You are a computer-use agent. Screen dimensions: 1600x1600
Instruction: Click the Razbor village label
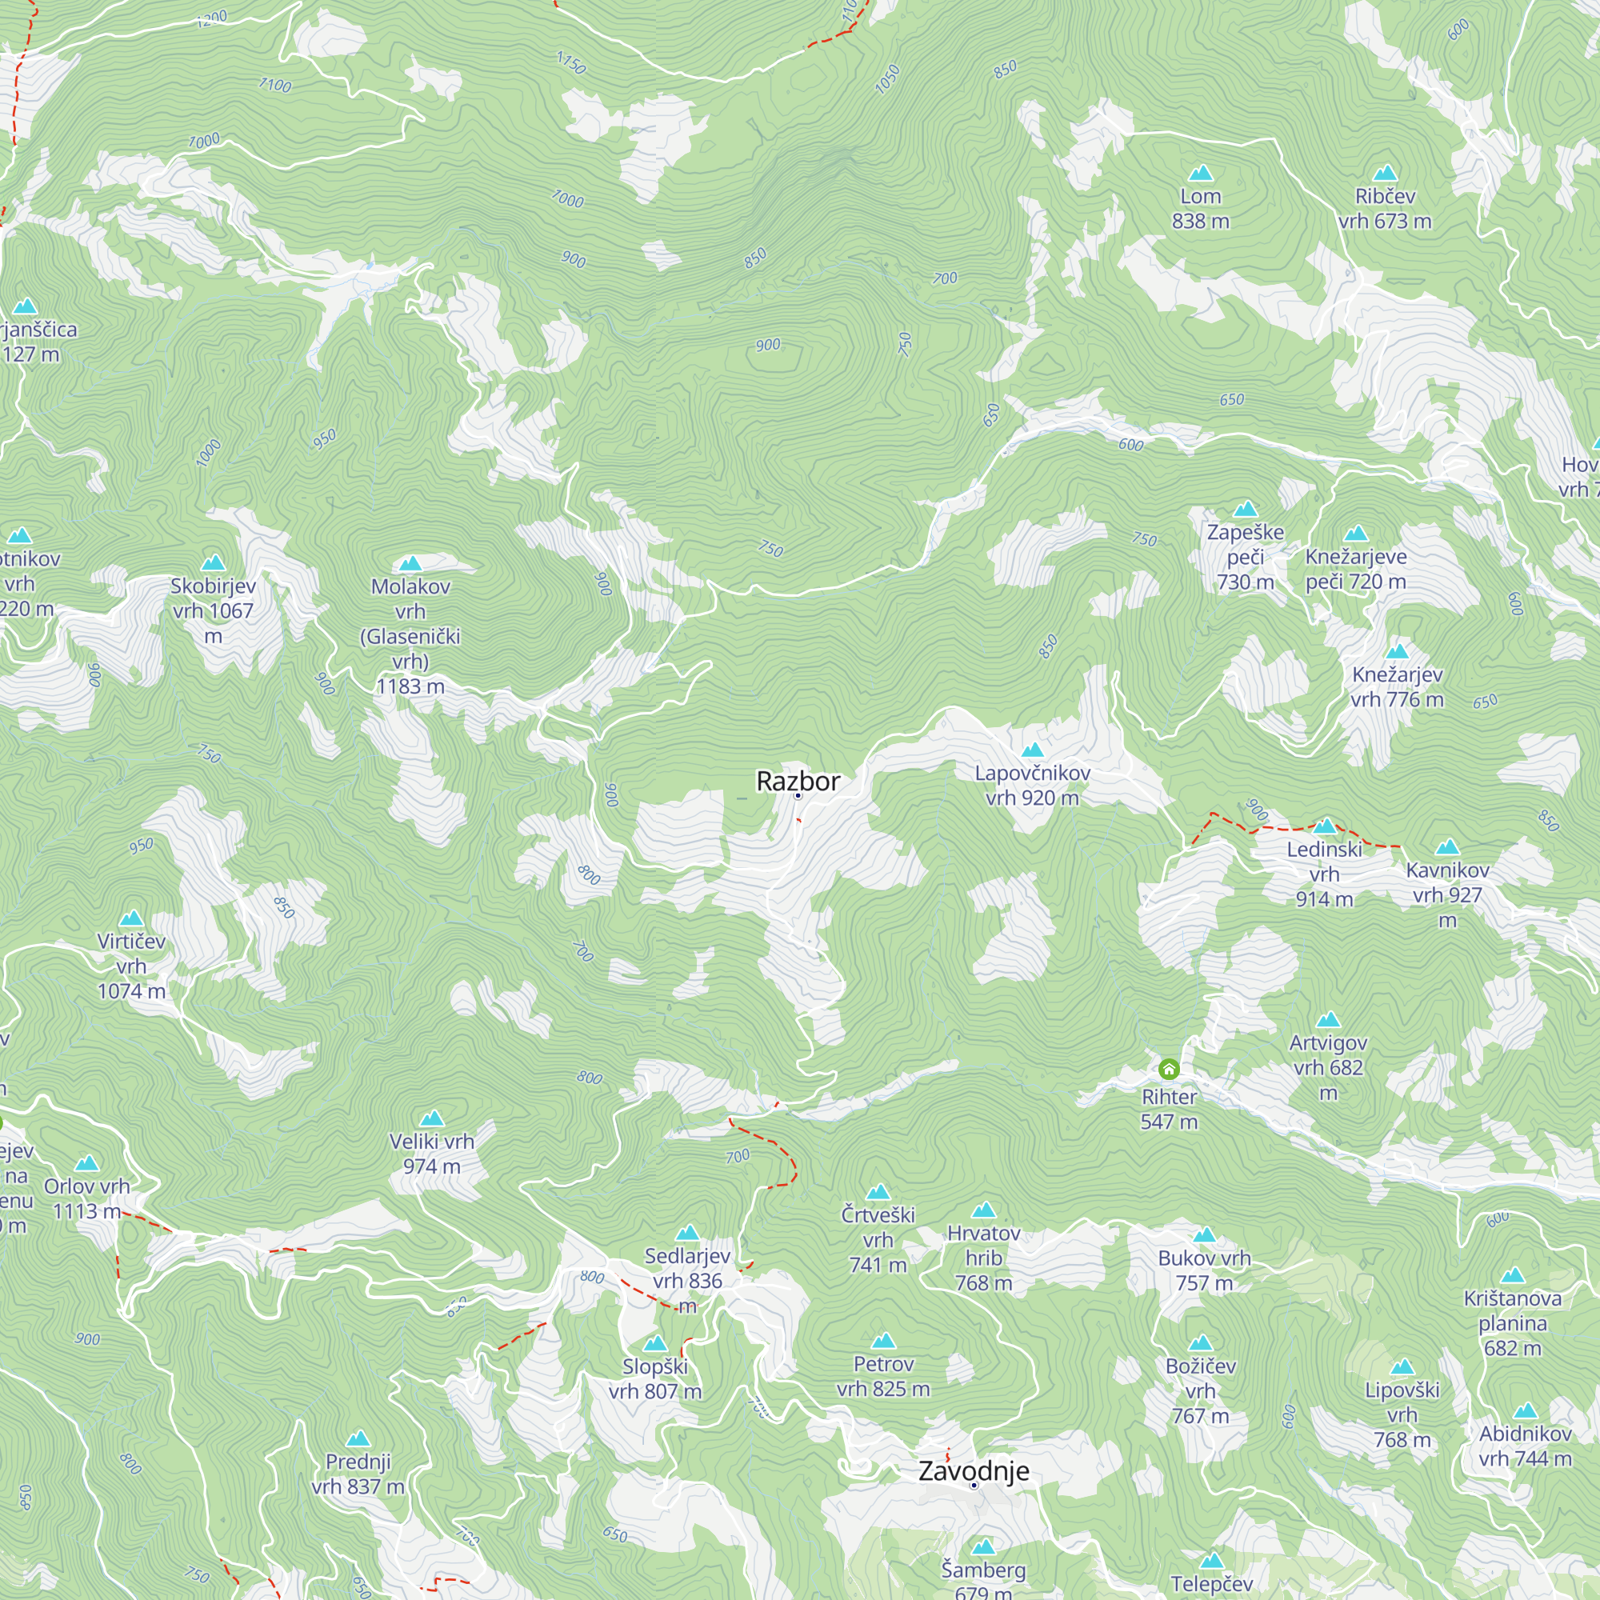coord(798,781)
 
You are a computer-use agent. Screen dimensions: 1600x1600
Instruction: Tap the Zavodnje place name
coord(973,1471)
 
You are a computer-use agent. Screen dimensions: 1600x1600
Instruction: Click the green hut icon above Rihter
coord(1169,1069)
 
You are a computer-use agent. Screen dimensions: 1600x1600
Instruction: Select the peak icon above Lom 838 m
coord(1200,173)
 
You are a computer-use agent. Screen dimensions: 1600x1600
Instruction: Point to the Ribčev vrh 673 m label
coord(1385,209)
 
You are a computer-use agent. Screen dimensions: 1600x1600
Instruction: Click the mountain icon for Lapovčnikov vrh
coord(1032,750)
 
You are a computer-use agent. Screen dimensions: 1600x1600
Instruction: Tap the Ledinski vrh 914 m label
coord(1324,874)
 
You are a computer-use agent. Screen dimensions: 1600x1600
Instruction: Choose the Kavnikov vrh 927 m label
coord(1446,894)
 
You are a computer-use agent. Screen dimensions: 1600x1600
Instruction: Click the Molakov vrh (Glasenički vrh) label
coord(410,636)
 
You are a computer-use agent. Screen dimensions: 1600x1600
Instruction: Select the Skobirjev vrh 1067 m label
coord(213,610)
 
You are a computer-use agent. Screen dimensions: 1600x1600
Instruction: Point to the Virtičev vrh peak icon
coord(132,918)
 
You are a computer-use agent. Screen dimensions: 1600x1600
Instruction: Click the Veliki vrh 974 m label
coord(431,1154)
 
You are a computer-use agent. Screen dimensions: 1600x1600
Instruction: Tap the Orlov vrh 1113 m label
coord(87,1198)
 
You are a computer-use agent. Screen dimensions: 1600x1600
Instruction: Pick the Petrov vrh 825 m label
coord(883,1375)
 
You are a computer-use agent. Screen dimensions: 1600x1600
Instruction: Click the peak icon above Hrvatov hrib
coord(983,1210)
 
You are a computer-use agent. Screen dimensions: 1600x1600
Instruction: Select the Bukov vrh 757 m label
coord(1204,1270)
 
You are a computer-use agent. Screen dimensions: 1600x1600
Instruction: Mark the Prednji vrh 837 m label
coord(358,1474)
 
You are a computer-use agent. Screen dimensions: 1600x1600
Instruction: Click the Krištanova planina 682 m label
coord(1512,1322)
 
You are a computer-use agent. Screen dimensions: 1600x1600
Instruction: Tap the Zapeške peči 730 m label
coord(1245,557)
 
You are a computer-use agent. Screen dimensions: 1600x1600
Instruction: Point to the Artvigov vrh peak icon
coord(1328,1019)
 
